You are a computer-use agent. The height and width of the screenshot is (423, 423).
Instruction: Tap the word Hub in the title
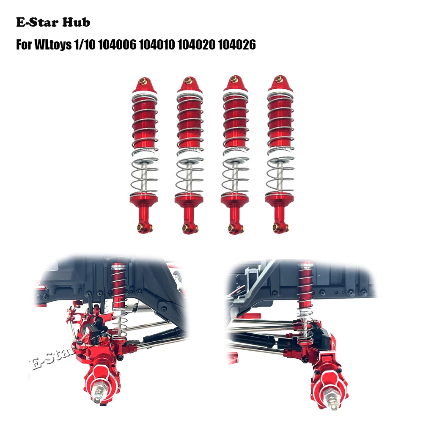[x=78, y=22]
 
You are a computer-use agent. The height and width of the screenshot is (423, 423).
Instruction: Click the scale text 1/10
[x=86, y=45]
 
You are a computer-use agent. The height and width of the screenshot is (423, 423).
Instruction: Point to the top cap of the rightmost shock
[x=278, y=85]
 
